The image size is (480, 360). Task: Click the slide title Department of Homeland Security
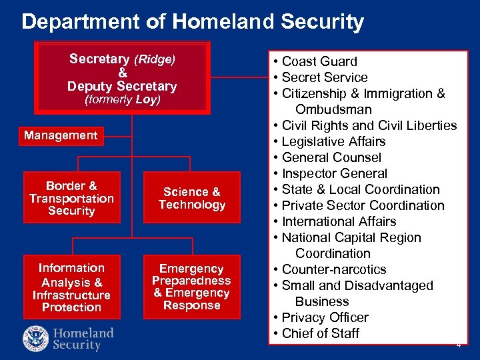tap(192, 22)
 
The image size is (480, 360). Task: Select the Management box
tap(61, 135)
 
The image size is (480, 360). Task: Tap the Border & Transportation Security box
tap(71, 198)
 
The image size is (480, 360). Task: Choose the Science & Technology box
tap(192, 198)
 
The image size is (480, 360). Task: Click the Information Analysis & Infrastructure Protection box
tap(71, 287)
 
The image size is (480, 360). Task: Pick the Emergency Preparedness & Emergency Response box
tap(192, 287)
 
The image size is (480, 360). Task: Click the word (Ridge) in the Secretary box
tap(155, 59)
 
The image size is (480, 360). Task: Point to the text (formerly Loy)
tap(122, 101)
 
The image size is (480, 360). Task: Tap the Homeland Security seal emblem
tap(35, 338)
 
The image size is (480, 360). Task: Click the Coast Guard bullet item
tap(319, 61)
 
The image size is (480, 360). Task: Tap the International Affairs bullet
tap(339, 221)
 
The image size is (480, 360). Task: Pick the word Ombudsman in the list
tap(333, 109)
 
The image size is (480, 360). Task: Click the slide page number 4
tap(458, 345)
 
